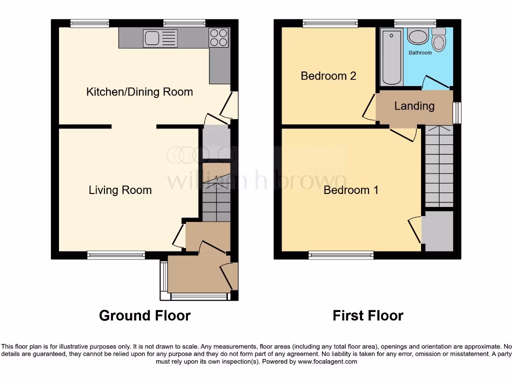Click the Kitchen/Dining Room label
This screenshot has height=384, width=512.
139,92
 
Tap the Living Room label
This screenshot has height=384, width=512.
120,190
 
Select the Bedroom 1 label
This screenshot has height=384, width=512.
351,190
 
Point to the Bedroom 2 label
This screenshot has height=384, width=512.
328,76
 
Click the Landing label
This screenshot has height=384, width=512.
414,106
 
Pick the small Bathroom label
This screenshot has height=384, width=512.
420,52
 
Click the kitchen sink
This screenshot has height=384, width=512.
160,38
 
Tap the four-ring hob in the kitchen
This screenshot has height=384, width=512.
218,38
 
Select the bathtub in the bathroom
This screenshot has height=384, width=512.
390,57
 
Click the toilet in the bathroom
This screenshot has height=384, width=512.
439,40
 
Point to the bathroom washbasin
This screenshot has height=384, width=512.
417,36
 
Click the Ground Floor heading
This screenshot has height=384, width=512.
144,315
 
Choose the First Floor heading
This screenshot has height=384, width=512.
368,315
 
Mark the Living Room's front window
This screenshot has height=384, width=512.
116,255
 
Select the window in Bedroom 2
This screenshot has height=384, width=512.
330,23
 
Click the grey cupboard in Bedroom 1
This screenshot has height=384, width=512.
437,231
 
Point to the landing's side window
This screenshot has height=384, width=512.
456,113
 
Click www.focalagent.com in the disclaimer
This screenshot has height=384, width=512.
327,361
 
